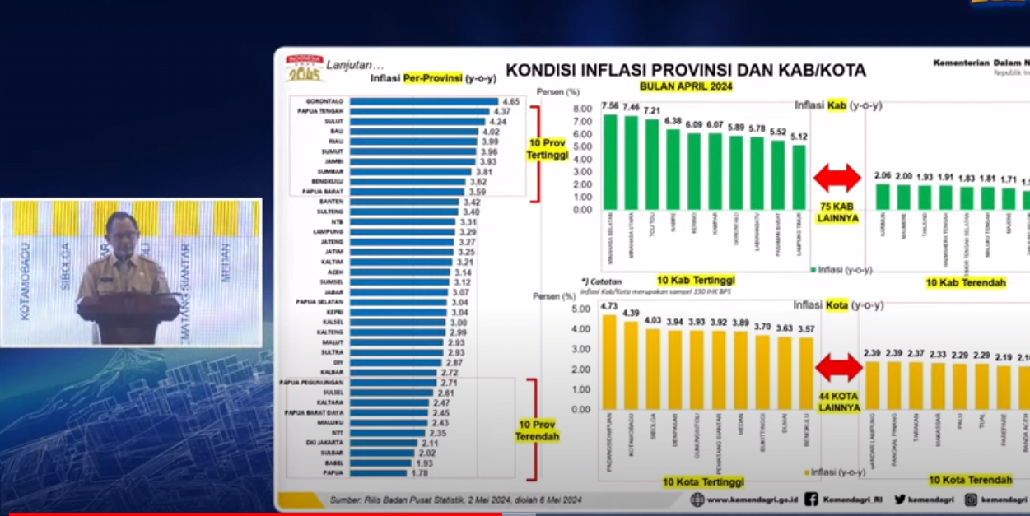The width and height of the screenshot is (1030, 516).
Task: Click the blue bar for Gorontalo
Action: point(423,101)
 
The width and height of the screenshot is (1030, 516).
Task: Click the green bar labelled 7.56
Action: point(610,161)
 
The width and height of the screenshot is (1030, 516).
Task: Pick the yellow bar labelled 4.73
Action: point(609,362)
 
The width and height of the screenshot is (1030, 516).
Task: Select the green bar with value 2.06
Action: point(883,197)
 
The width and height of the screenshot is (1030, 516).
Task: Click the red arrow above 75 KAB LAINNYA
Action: point(837,178)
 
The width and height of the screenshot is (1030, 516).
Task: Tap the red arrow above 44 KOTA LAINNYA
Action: point(838,367)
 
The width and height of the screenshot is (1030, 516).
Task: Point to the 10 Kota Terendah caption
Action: point(971,480)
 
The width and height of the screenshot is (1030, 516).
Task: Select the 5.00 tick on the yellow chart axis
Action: point(581,309)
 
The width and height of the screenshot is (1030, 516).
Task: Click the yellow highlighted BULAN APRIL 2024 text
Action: point(686,86)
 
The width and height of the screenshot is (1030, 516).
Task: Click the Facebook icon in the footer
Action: point(811,499)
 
